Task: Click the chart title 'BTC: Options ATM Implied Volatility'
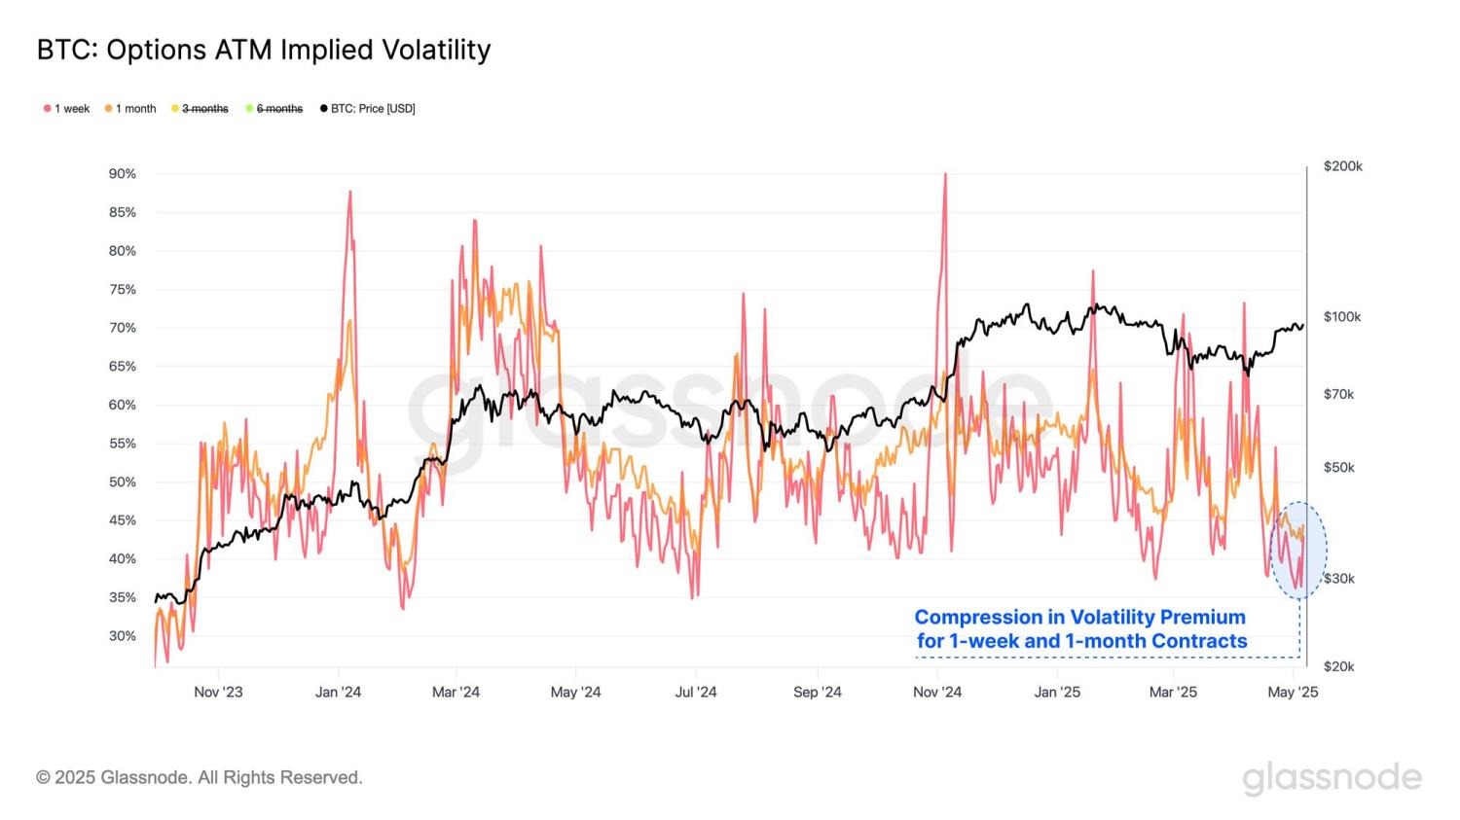click(x=264, y=50)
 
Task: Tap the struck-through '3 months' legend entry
click(x=204, y=109)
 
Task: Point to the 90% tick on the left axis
click(x=123, y=174)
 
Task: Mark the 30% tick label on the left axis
click(x=123, y=636)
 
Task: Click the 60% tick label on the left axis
click(x=123, y=405)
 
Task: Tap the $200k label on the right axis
click(x=1342, y=166)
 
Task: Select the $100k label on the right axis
click(x=1342, y=317)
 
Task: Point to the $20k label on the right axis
click(x=1338, y=666)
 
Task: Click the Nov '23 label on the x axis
click(x=218, y=693)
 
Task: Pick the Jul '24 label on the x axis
click(x=696, y=693)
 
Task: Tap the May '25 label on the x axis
click(x=1294, y=693)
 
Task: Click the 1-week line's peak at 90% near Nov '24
click(x=944, y=175)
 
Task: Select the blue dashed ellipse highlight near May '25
click(x=1298, y=550)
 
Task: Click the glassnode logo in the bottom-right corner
click(x=1332, y=778)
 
